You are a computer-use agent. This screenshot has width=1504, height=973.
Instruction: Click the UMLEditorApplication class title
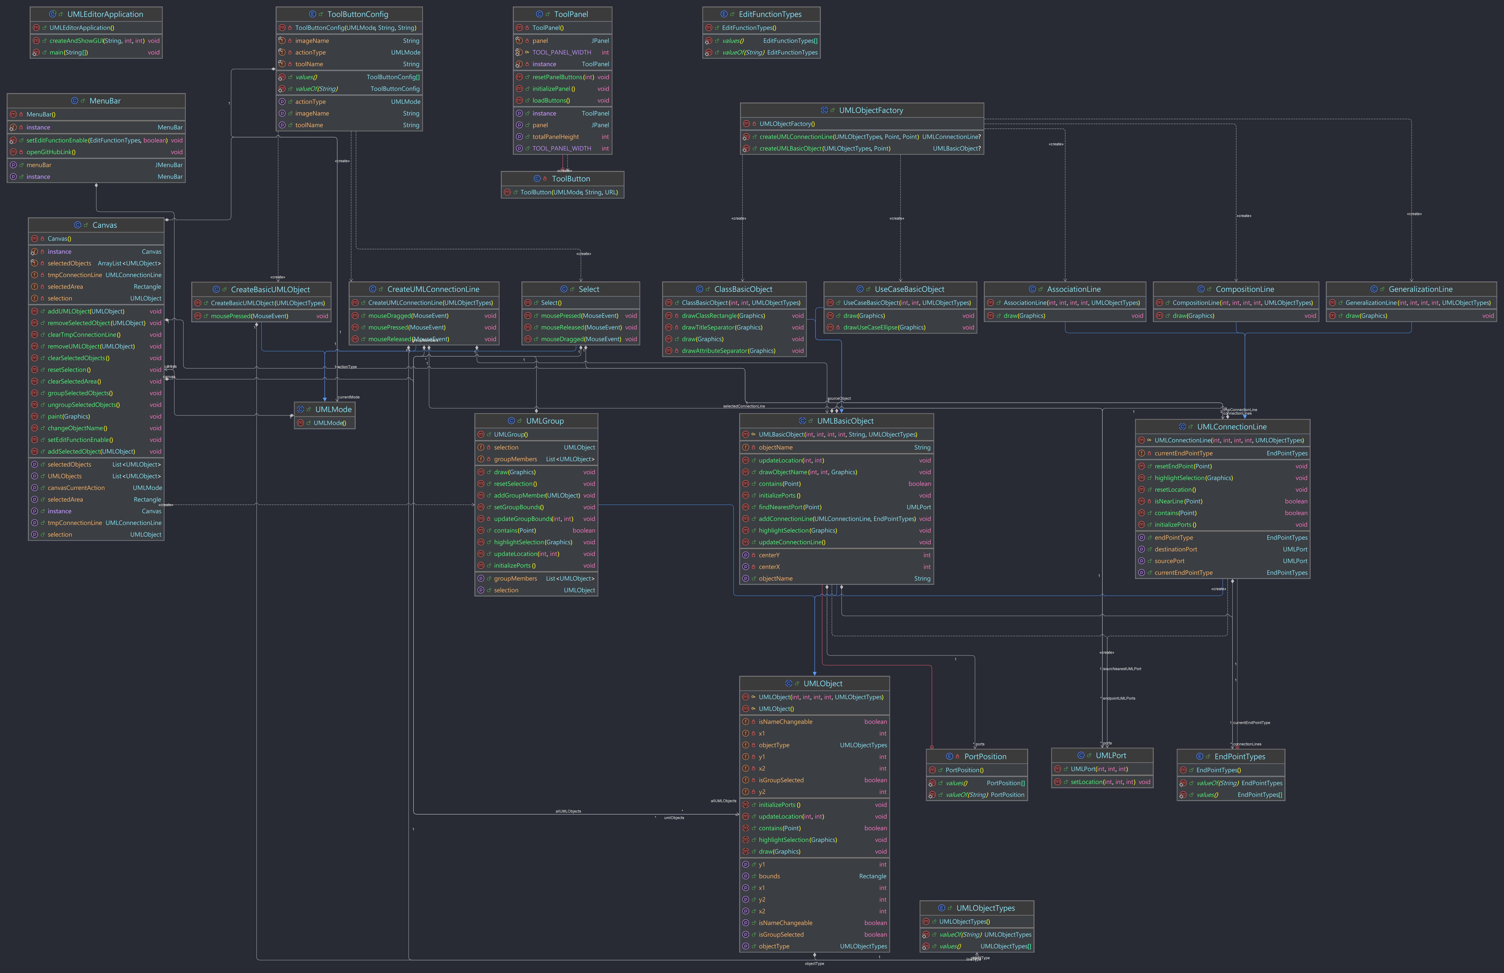[105, 14]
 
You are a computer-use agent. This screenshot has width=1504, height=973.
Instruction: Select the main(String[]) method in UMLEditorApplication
[68, 52]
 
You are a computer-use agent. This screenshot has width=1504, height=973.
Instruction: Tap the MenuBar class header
[105, 100]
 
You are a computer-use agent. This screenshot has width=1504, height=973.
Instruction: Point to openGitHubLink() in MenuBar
[51, 152]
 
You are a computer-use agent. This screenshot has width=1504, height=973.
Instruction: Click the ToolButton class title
[571, 179]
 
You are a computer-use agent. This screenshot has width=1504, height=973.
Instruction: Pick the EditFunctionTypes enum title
[770, 14]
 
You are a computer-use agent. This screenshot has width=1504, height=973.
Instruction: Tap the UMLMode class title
[333, 409]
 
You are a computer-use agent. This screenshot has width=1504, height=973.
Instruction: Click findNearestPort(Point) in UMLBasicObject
[790, 507]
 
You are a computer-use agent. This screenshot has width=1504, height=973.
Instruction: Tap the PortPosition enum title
[984, 756]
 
